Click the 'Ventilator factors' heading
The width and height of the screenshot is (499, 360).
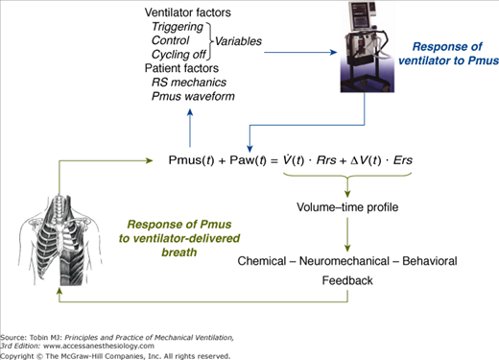tap(187, 12)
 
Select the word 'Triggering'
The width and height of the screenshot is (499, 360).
tap(178, 27)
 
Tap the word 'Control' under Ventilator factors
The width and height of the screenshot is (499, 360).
tap(171, 40)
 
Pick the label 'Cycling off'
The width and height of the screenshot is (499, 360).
tap(178, 55)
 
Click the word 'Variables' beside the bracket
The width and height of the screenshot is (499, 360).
tap(238, 41)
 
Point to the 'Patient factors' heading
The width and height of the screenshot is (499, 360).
tap(181, 68)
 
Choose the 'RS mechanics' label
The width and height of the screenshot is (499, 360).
tap(189, 83)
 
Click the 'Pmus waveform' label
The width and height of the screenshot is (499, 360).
tap(193, 96)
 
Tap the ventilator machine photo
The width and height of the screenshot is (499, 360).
tap(368, 47)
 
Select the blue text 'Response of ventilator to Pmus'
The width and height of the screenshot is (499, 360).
tap(448, 54)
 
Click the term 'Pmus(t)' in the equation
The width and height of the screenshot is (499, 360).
tap(191, 160)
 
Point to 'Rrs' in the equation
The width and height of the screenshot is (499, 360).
tap(326, 160)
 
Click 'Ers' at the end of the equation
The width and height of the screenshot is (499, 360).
tap(403, 160)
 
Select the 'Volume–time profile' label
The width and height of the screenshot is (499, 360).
tap(347, 207)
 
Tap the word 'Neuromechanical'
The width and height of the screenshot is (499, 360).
tap(345, 261)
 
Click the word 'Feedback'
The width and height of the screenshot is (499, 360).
tap(347, 280)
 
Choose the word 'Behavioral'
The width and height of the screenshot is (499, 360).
tap(430, 261)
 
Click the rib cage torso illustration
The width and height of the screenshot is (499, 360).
tap(60, 240)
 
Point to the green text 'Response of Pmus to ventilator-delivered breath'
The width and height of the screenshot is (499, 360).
tap(179, 238)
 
